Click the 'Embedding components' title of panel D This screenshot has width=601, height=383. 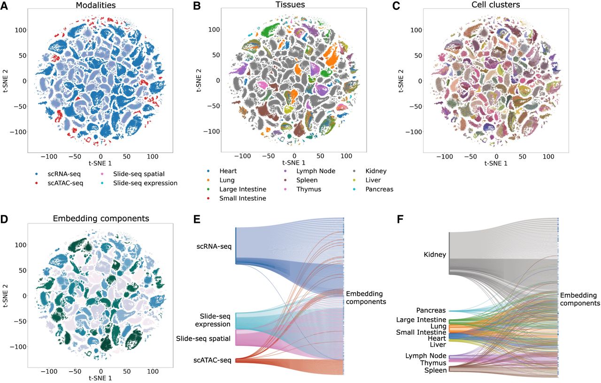tap(100, 218)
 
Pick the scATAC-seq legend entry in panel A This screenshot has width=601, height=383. tap(65, 183)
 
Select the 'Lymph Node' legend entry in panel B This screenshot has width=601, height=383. tap(316, 171)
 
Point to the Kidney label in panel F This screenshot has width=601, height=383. tap(435, 255)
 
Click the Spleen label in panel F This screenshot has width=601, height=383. tap(435, 370)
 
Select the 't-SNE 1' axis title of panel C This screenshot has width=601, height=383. tap(496, 164)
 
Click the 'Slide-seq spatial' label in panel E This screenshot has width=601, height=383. tap(203, 338)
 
